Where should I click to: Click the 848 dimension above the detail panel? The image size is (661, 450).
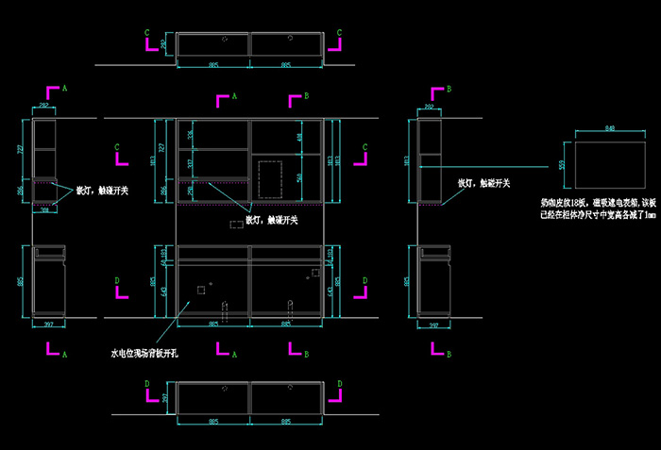coord(609,127)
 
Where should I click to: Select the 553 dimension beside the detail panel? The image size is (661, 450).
coord(563,165)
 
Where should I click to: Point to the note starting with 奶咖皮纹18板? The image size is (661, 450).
coord(597,208)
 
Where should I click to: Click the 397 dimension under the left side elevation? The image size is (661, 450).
coord(50,326)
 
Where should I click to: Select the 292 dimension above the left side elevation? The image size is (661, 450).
coord(46,107)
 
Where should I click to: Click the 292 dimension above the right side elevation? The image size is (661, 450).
coord(430,107)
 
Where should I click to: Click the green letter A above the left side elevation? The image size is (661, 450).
coord(64,88)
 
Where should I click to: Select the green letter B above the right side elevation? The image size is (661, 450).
coord(449,88)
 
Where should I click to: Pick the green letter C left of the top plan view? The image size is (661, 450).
coord(146,32)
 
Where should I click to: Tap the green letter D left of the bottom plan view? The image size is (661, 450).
coord(146,384)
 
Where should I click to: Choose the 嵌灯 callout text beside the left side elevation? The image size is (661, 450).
coord(102,191)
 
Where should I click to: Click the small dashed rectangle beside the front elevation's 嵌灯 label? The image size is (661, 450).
coord(235,224)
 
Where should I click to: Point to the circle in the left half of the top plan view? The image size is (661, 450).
coord(226,40)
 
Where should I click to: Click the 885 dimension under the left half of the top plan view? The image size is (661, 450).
coord(213,64)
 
